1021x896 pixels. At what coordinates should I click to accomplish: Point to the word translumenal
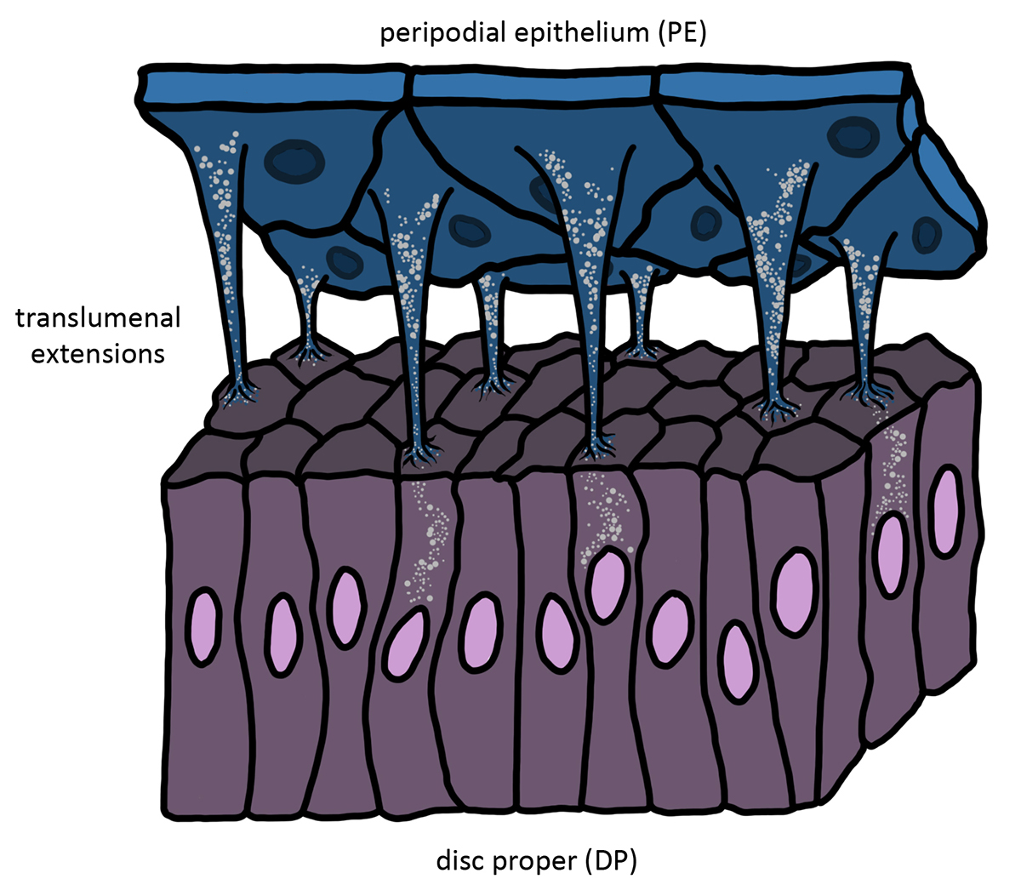(98, 318)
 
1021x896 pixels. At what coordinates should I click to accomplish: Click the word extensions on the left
(98, 354)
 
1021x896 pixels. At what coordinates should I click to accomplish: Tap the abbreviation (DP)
(611, 861)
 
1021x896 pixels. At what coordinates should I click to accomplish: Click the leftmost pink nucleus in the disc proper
(203, 627)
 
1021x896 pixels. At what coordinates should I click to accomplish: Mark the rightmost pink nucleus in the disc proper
(946, 511)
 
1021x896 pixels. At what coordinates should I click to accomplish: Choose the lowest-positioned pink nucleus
(738, 662)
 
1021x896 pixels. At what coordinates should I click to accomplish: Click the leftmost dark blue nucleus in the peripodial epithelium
(294, 162)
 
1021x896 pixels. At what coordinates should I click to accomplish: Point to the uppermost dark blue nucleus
(853, 136)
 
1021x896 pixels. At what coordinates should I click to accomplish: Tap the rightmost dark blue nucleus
(927, 234)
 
